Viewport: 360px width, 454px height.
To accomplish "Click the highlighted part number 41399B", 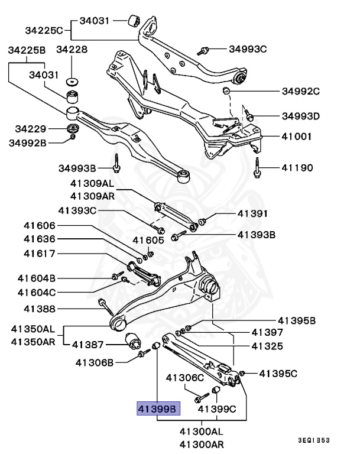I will (157, 408).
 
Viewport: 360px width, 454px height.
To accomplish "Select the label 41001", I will (297, 135).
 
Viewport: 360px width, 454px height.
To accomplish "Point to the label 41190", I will (297, 168).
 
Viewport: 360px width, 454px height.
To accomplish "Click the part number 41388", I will (40, 309).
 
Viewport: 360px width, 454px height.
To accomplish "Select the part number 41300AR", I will (202, 444).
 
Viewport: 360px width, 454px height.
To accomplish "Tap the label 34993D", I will (300, 116).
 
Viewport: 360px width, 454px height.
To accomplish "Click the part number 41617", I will (40, 255).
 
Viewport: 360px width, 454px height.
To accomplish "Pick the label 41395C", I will (278, 373).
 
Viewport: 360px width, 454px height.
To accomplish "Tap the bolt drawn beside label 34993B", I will (117, 161).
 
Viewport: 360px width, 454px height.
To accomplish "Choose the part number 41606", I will (40, 225).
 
